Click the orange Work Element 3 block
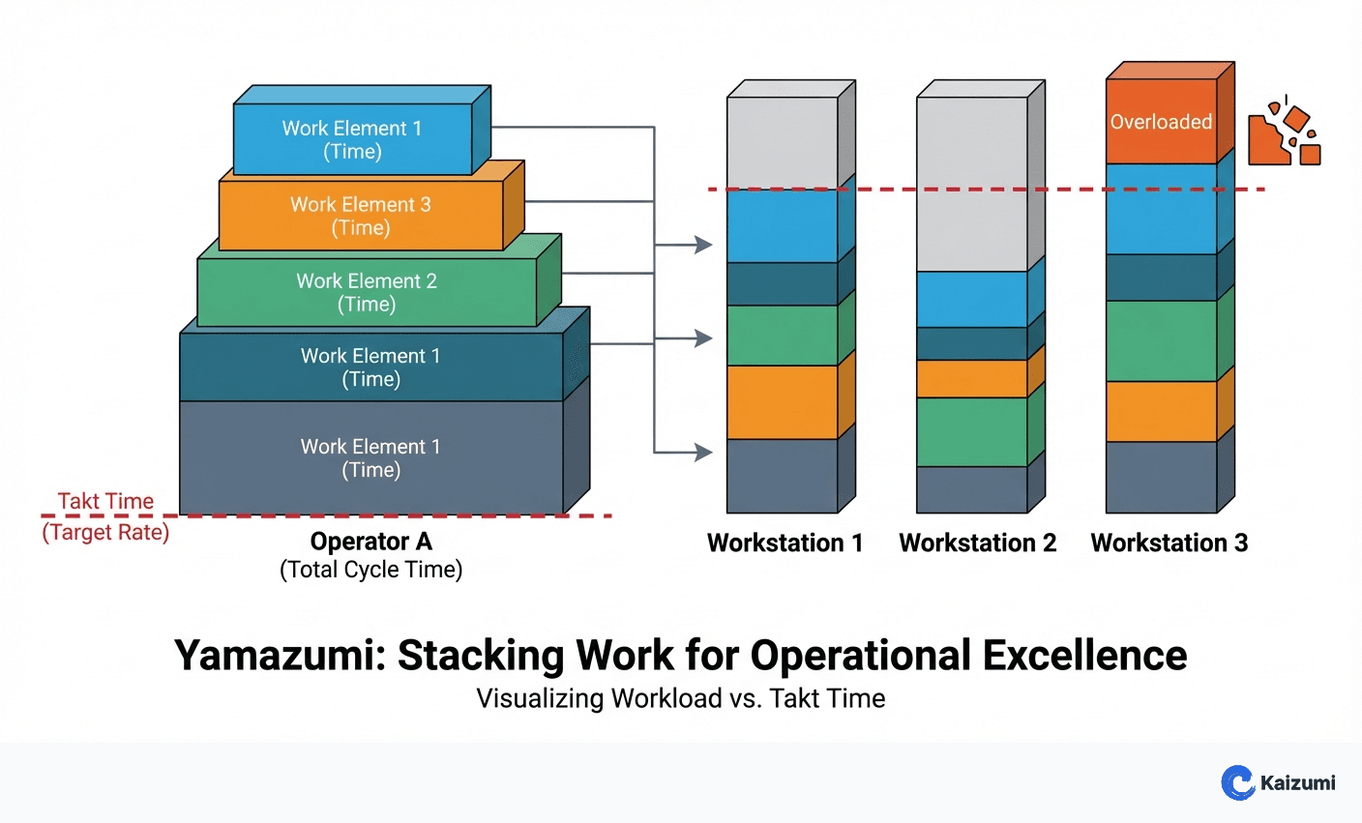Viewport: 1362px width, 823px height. (x=361, y=216)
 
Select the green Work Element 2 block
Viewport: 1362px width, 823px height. (x=367, y=292)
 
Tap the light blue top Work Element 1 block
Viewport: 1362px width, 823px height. (x=352, y=140)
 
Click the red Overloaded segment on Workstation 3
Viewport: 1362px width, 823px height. (x=1161, y=122)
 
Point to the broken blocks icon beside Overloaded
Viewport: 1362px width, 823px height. (x=1284, y=134)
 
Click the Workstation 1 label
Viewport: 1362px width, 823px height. (x=785, y=544)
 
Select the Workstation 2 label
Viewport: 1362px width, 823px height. (x=977, y=544)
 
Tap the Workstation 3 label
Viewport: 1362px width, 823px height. (x=1169, y=544)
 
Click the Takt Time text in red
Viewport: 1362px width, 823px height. (x=105, y=501)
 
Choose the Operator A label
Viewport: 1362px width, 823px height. (x=370, y=542)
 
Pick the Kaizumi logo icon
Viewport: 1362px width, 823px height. (x=1237, y=782)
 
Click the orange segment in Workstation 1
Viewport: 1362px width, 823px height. (x=782, y=402)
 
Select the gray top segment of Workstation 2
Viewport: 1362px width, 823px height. (x=971, y=184)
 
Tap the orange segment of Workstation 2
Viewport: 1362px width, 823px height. (x=971, y=379)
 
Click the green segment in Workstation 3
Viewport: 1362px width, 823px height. (x=1161, y=340)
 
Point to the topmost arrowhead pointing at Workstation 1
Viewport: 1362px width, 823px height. (x=703, y=246)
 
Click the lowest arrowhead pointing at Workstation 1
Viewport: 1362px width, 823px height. (x=703, y=452)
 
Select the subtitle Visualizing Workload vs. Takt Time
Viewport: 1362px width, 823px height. (x=680, y=698)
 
